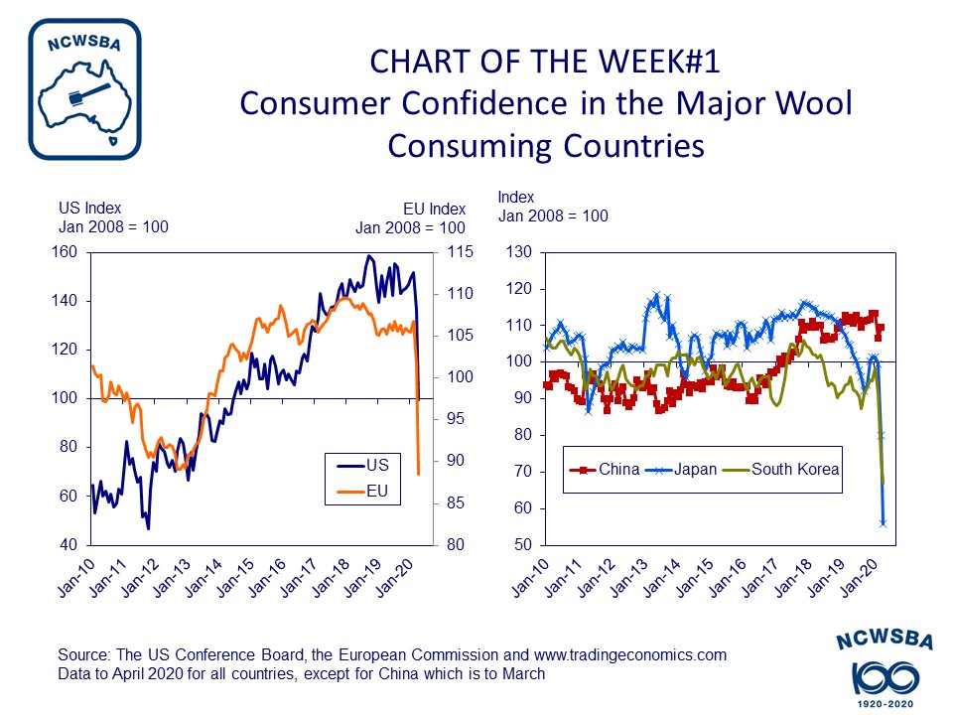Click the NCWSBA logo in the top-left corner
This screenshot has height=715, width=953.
coord(84,89)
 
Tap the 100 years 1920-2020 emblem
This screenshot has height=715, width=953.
coord(884,671)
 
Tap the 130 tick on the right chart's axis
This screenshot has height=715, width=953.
coord(519,252)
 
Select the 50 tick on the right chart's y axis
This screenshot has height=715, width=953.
coord(523,545)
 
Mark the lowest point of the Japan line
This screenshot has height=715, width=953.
coord(883,522)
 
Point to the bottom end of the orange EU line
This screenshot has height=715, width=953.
coord(419,474)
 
